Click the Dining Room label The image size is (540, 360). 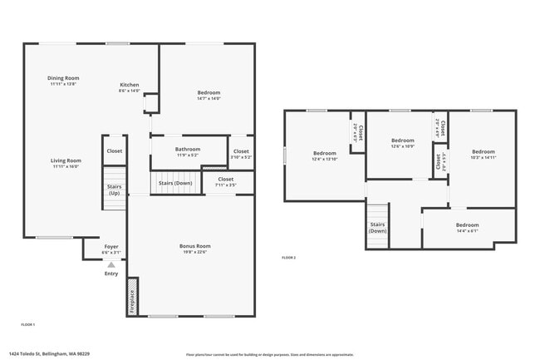pyautogui.click(x=64, y=81)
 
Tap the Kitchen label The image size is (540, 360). pyautogui.click(x=130, y=87)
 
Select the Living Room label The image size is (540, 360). pyautogui.click(x=66, y=163)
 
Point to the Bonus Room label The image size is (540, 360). pyautogui.click(x=195, y=249)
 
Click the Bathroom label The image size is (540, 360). pyautogui.click(x=188, y=150)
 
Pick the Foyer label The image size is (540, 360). pyautogui.click(x=110, y=249)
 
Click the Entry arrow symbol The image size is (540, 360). pyautogui.click(x=111, y=265)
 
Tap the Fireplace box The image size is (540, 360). pyautogui.click(x=132, y=297)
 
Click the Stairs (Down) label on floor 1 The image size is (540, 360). pyautogui.click(x=175, y=182)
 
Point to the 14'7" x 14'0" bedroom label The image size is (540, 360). pyautogui.click(x=209, y=95)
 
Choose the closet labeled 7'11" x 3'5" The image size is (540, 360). pyautogui.click(x=225, y=181)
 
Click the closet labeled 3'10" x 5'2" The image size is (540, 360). pyautogui.click(x=241, y=154)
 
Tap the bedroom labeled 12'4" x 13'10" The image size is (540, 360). pyautogui.click(x=324, y=155)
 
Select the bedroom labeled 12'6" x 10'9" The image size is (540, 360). pyautogui.click(x=402, y=143)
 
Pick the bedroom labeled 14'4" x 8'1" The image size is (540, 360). pyautogui.click(x=467, y=227)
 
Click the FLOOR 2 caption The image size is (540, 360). pyautogui.click(x=288, y=258)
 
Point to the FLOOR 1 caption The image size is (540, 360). pyautogui.click(x=27, y=323)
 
